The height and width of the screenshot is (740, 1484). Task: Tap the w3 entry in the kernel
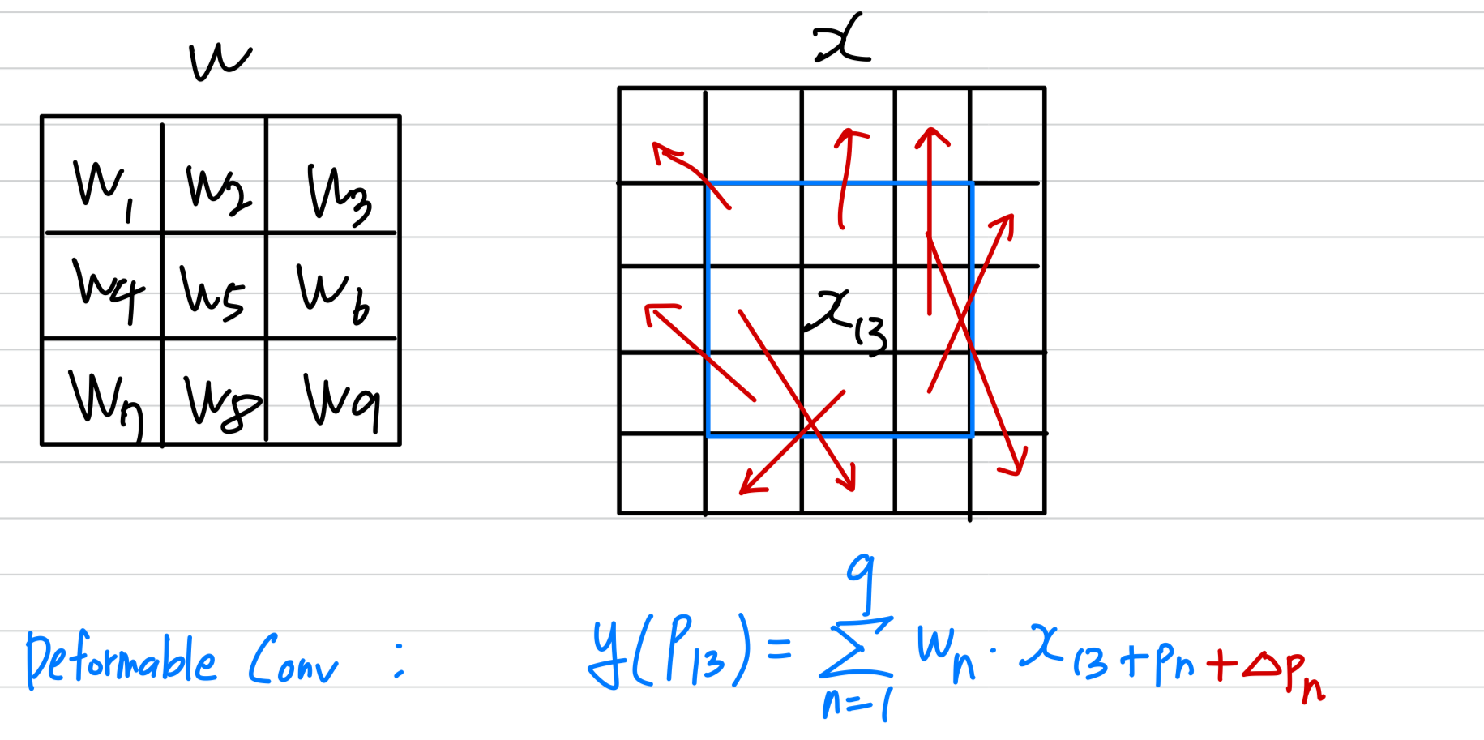point(338,194)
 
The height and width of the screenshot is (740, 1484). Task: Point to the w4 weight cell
point(107,288)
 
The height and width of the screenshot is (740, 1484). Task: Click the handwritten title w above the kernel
point(219,61)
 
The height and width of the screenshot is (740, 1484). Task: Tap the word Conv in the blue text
point(293,661)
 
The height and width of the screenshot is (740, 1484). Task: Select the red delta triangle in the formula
point(1261,665)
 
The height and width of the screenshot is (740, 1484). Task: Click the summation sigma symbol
point(857,648)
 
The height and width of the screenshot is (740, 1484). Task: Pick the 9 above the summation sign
point(862,577)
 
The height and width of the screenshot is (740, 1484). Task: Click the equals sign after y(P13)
point(779,648)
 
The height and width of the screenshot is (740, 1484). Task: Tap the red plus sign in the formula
point(1221,665)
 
